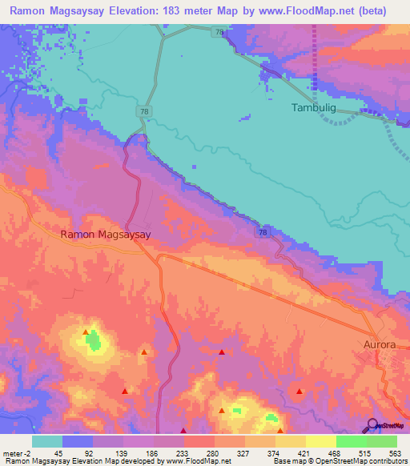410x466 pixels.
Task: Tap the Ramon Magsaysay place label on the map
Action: (x=107, y=235)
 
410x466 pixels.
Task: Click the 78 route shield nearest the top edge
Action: (x=219, y=32)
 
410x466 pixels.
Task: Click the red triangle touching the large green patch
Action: (x=86, y=331)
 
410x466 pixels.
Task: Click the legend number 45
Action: (x=58, y=452)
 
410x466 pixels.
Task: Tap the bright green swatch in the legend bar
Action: (x=351, y=441)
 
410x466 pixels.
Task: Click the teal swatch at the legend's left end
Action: (x=46, y=441)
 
